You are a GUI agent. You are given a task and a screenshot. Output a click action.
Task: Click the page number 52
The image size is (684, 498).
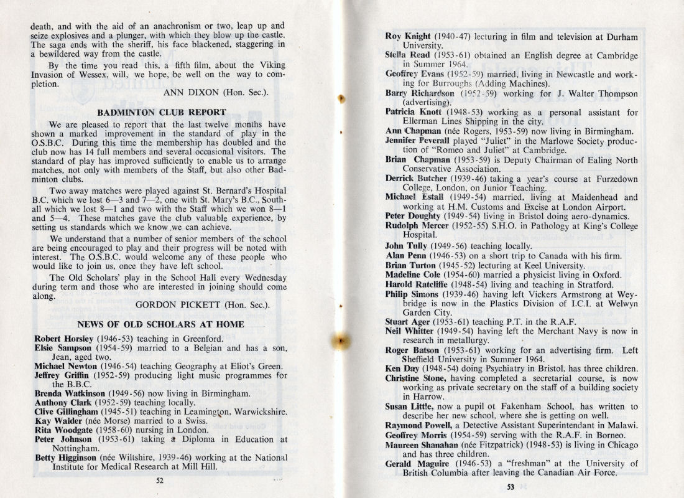[x=160, y=479]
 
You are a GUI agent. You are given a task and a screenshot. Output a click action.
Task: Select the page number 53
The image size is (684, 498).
[x=511, y=487]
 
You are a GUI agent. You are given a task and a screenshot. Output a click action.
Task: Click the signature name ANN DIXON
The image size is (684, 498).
[x=190, y=92]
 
